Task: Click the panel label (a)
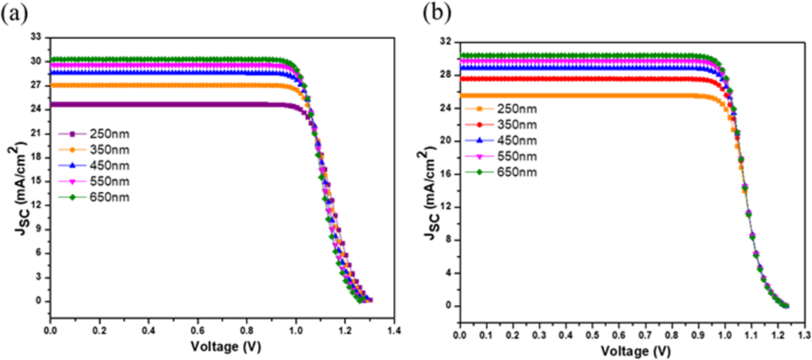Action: (x=13, y=14)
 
